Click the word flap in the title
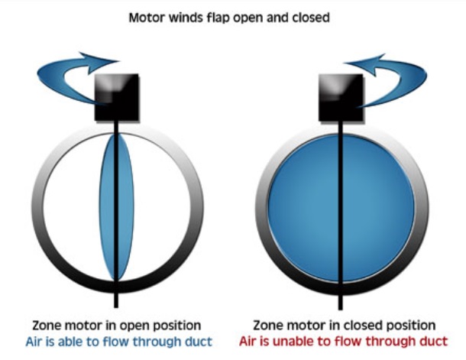pos(222,16)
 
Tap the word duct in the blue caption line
pos(198,342)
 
